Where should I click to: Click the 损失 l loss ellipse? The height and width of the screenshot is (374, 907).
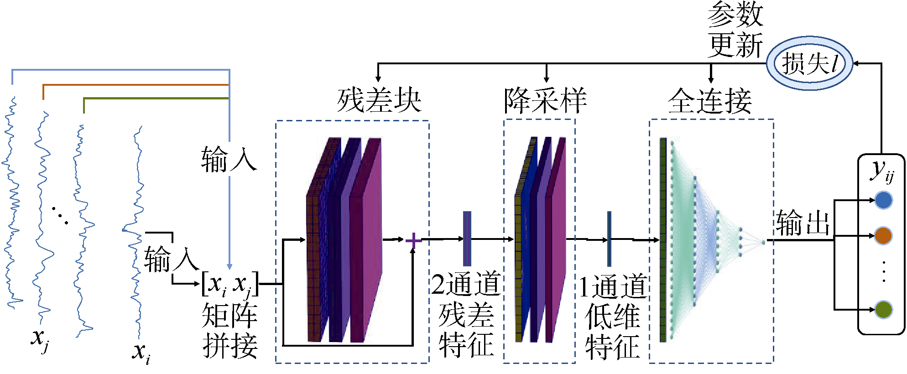(x=809, y=63)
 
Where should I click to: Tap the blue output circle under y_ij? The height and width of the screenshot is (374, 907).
(x=883, y=200)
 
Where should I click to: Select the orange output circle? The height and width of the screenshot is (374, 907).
(x=883, y=235)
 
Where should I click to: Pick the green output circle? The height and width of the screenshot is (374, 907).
(x=883, y=310)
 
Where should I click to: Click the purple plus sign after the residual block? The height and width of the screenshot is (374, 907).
(x=413, y=240)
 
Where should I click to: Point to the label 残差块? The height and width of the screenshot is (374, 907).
(x=379, y=100)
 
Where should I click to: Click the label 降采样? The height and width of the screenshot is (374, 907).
(x=545, y=100)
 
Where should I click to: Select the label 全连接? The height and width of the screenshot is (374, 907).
(x=710, y=100)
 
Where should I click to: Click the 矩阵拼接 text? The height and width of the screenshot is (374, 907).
(x=230, y=330)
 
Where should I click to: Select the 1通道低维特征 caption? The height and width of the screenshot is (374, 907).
(x=612, y=316)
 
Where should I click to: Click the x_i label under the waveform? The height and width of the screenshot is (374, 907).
(x=141, y=353)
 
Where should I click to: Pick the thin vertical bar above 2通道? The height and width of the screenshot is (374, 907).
(x=467, y=239)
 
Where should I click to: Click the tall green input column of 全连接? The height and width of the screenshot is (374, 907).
(x=663, y=239)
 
